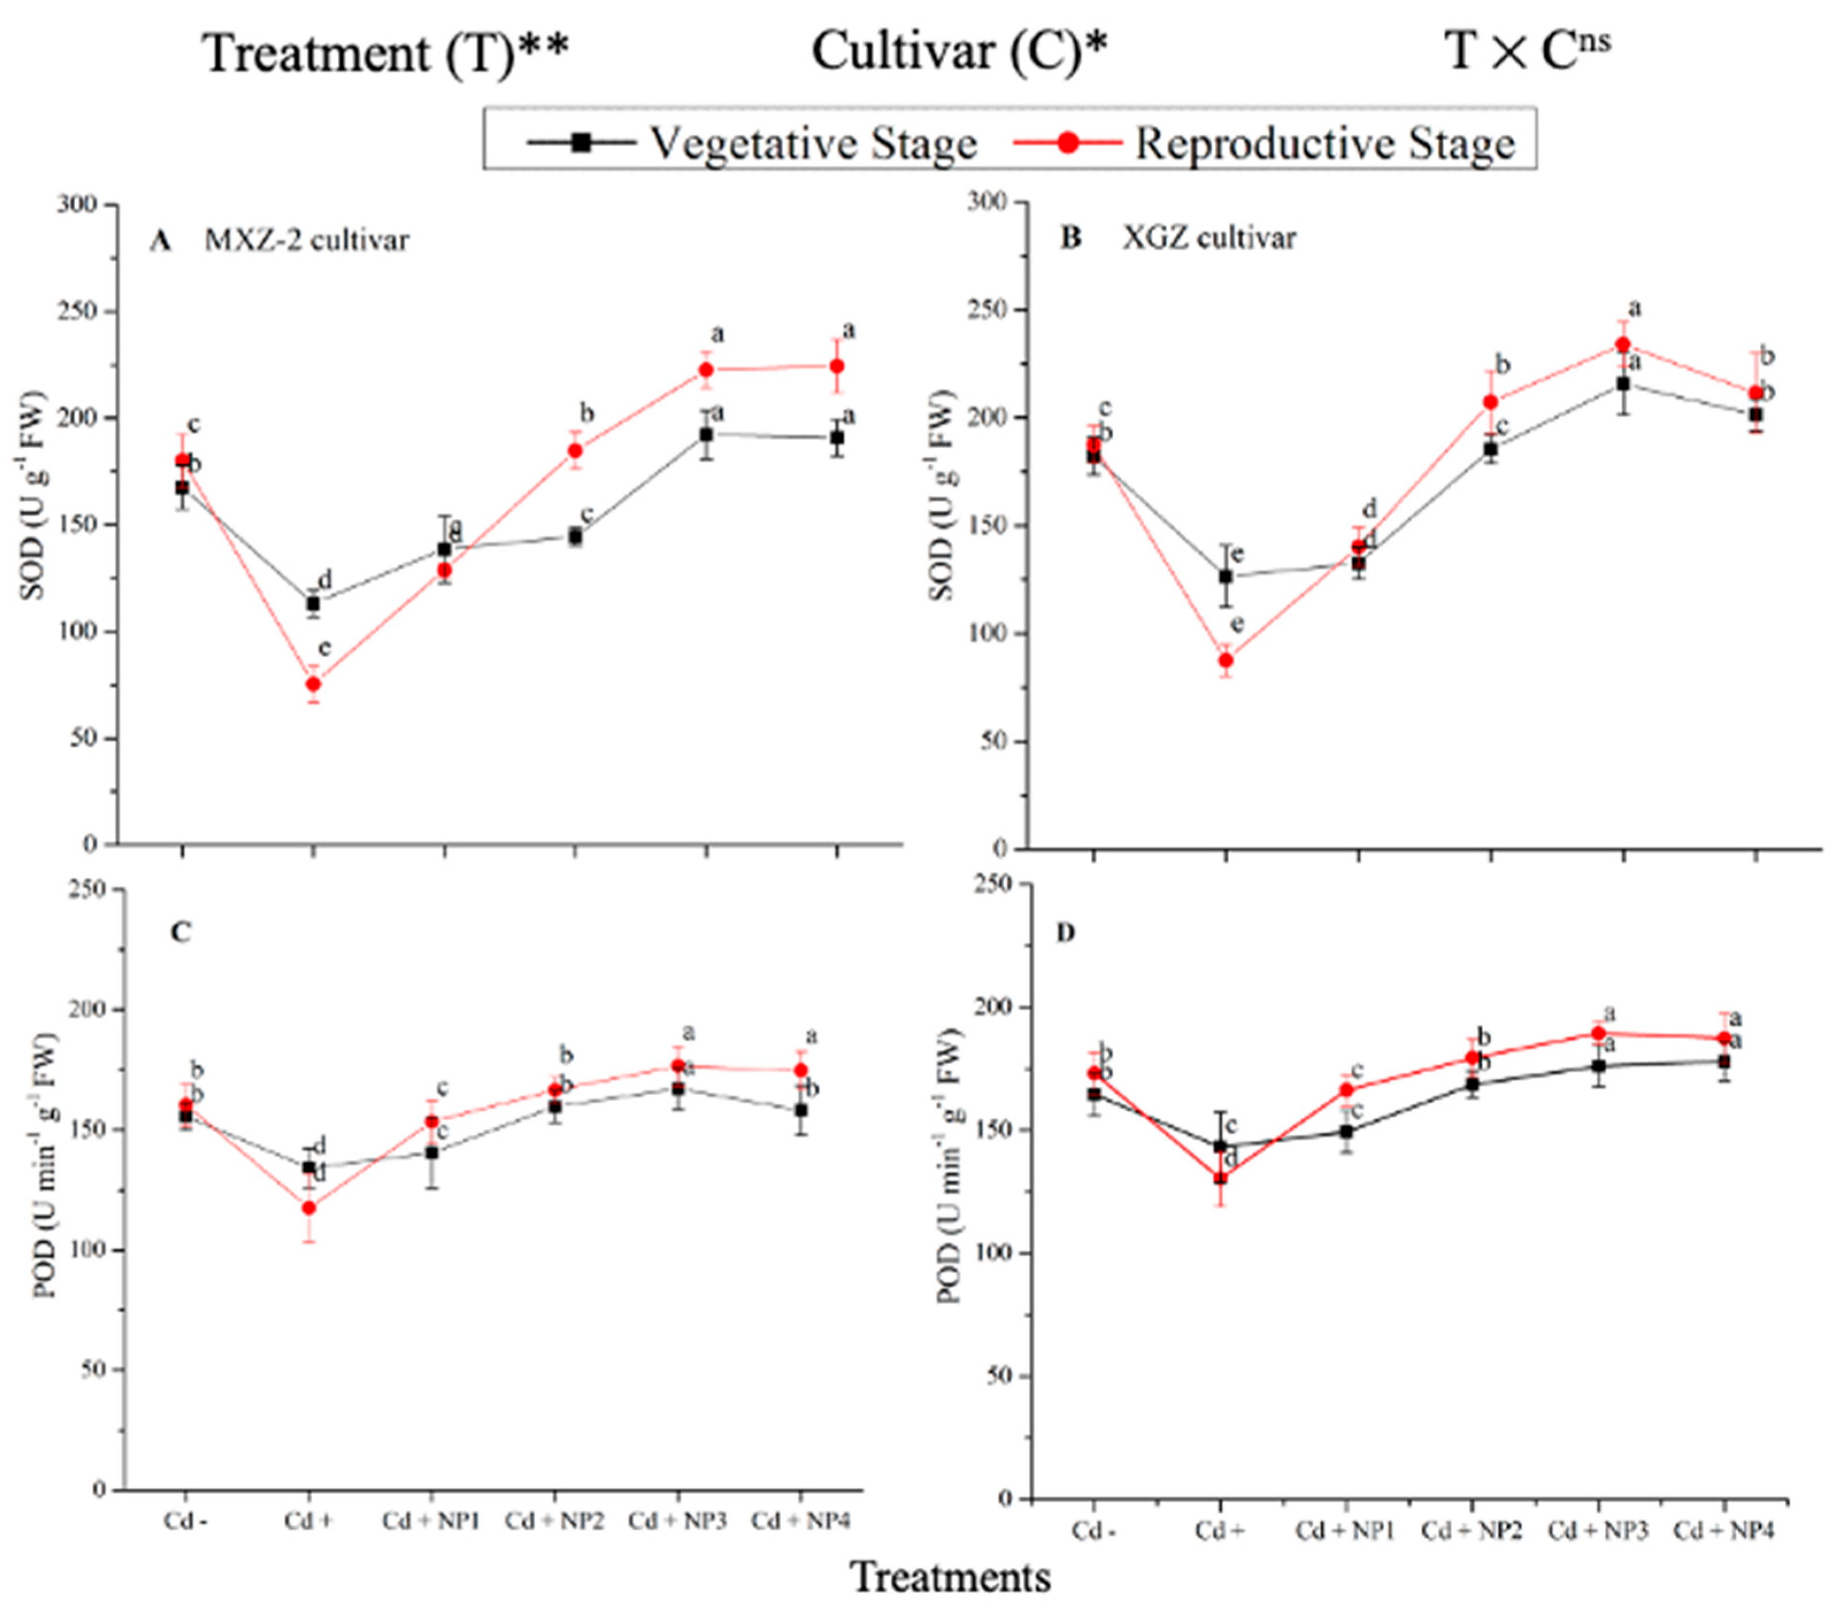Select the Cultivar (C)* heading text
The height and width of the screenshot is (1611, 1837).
coord(960,51)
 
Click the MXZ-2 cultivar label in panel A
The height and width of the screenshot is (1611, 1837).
coord(306,240)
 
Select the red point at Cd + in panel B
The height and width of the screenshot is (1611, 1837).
coord(1225,660)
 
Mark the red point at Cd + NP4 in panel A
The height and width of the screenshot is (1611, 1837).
coord(837,365)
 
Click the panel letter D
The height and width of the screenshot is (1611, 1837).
coord(1066,934)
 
